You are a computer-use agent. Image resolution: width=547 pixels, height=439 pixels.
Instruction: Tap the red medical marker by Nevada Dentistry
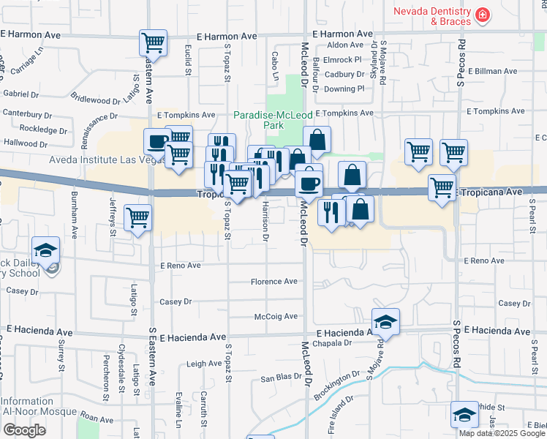click(x=482, y=15)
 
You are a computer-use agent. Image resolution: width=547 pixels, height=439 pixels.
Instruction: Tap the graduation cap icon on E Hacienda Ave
click(x=385, y=321)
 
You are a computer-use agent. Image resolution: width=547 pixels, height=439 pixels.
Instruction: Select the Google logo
click(x=24, y=429)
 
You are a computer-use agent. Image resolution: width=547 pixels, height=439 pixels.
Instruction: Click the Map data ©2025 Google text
click(x=502, y=432)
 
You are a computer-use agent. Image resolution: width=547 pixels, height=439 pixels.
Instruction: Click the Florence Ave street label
click(x=274, y=282)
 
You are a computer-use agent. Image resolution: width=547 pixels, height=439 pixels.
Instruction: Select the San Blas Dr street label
click(x=282, y=379)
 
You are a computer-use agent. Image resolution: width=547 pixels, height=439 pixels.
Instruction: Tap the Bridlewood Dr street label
click(x=97, y=100)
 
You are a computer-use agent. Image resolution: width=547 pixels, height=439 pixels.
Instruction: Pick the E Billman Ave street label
click(x=497, y=72)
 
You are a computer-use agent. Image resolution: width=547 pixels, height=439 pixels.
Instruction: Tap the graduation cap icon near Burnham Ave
click(x=45, y=249)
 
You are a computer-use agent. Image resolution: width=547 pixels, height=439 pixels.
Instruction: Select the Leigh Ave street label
click(x=204, y=364)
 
